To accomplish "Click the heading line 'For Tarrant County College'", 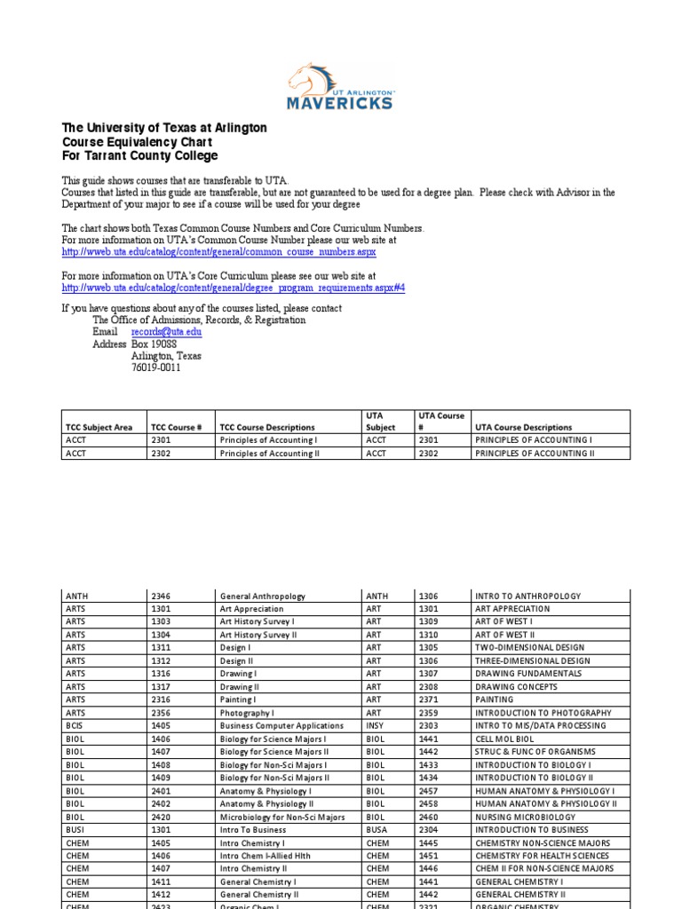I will [x=139, y=156].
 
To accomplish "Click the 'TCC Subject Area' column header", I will [x=99, y=427].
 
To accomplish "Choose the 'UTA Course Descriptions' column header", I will [x=524, y=427].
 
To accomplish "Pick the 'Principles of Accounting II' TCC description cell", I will [x=269, y=453].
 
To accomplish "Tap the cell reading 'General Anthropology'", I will [x=263, y=597].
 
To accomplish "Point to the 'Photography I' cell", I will [x=247, y=713].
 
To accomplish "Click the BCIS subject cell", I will [x=74, y=726].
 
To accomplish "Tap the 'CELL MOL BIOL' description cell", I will [x=504, y=739].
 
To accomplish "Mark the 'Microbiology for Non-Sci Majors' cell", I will [x=282, y=817].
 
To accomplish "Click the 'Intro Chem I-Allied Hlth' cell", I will [x=263, y=856].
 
